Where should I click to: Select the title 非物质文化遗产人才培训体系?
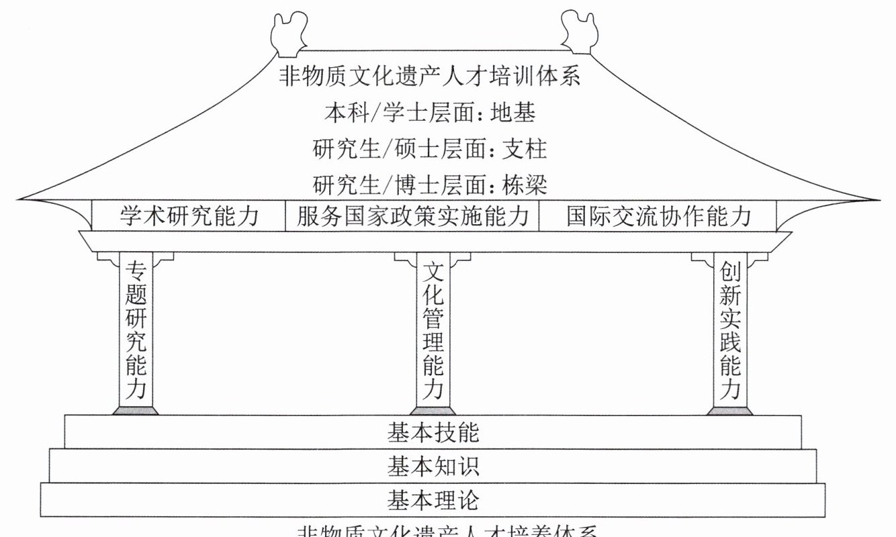tap(430, 76)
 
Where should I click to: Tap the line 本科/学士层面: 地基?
tap(430, 112)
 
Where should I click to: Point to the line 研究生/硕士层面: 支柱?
tap(430, 148)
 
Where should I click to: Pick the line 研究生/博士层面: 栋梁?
tap(430, 183)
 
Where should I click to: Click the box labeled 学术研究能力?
tap(189, 216)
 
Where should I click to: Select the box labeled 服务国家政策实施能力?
tap(412, 216)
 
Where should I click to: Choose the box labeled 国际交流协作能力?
tap(658, 216)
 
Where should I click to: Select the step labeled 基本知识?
tap(433, 466)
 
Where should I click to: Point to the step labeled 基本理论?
tap(433, 500)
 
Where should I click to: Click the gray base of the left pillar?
tap(136, 410)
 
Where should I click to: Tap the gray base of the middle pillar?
tap(433, 410)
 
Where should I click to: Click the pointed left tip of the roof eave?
tap(20, 199)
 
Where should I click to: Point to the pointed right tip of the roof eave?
tap(876, 199)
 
